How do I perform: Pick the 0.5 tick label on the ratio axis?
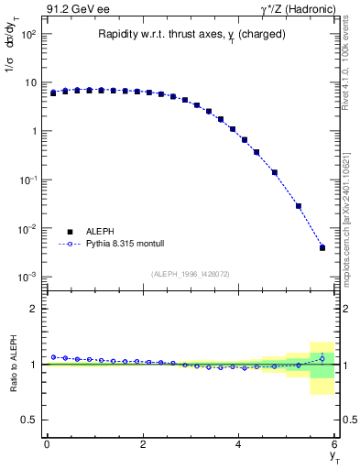pos(30,420)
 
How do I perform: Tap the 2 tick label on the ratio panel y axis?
pos(33,309)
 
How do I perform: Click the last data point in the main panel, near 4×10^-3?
pos(322,247)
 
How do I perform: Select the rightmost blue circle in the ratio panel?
pos(322,358)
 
